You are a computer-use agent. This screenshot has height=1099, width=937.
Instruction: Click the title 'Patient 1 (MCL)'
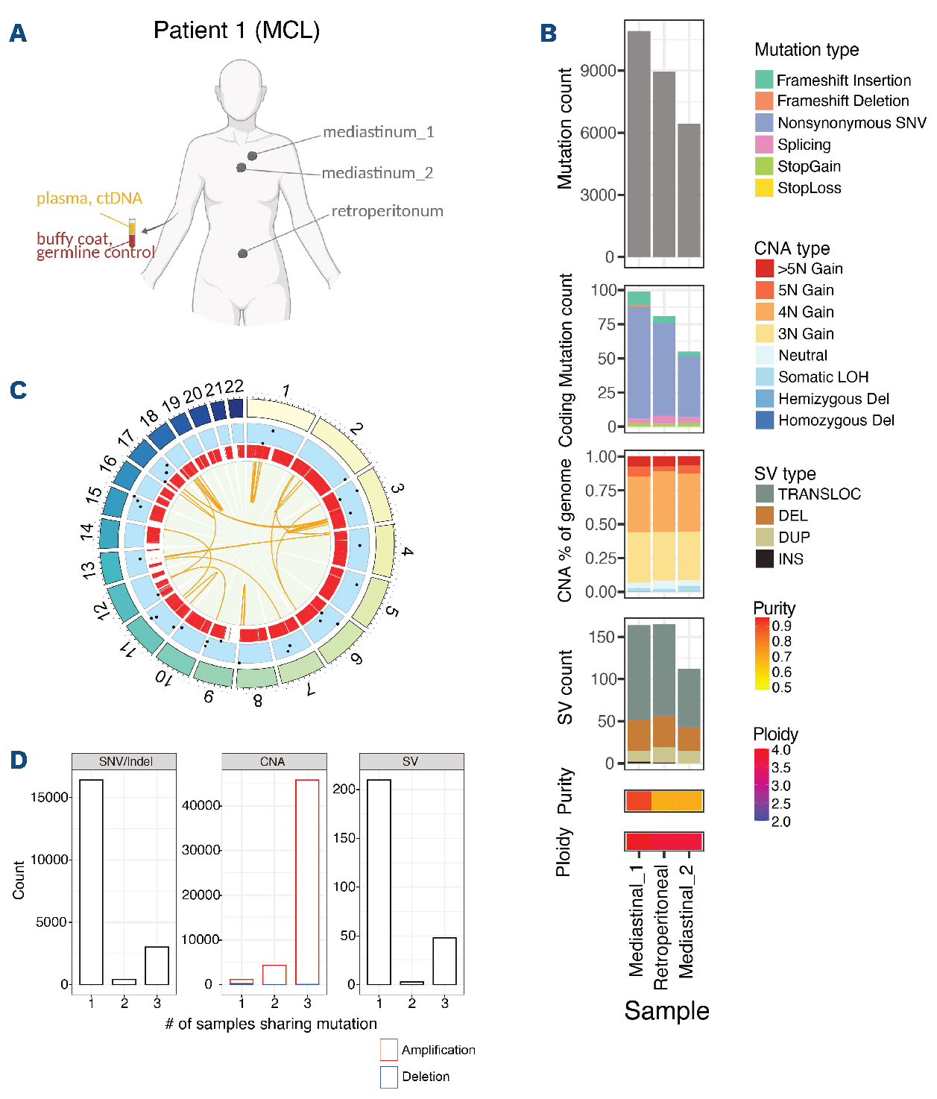tap(236, 31)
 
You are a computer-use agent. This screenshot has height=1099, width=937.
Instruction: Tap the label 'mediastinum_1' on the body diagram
tap(378, 132)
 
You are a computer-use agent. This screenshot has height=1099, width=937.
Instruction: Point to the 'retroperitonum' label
tap(387, 211)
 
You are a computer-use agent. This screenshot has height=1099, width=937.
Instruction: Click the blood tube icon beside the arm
tap(132, 233)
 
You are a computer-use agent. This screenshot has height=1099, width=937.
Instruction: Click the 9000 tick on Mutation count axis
tap(598, 71)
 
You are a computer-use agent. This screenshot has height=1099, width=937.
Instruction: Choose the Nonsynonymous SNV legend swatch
tap(764, 123)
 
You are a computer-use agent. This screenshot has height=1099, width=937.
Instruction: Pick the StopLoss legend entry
tap(809, 188)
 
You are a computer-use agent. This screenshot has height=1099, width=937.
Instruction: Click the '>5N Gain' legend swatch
tap(764, 268)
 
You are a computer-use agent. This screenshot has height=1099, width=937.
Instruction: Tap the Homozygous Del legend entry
tap(836, 421)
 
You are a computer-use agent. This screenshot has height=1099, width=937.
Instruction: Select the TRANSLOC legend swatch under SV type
tap(764, 494)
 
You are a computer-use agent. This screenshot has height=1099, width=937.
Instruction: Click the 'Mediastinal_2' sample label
tap(687, 922)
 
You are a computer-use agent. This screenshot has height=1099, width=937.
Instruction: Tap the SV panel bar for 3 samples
tap(444, 961)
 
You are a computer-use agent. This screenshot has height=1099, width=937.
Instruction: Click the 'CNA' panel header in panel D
tap(273, 761)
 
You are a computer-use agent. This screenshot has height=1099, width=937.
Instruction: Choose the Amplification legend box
tap(388, 1050)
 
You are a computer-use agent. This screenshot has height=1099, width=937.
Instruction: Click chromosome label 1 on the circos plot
tap(285, 391)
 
